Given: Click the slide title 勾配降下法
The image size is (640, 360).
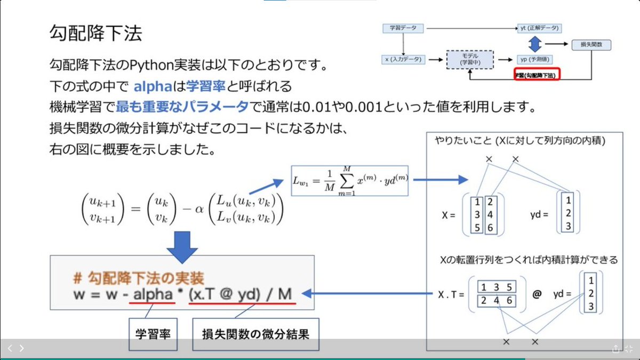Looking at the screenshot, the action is tap(95, 34).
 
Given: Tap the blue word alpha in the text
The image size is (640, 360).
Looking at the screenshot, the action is tap(153, 86).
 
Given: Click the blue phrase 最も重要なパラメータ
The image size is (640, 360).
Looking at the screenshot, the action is tap(183, 107).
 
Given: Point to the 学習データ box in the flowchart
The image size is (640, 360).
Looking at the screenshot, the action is tap(403, 27).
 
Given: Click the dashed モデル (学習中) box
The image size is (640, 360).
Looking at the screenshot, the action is tap(470, 60).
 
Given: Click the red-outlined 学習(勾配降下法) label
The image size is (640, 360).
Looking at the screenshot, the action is tap(536, 75).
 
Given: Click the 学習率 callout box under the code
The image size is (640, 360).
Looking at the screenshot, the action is tap(154, 334).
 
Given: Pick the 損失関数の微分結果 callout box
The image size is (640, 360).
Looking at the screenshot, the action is tap(255, 334).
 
